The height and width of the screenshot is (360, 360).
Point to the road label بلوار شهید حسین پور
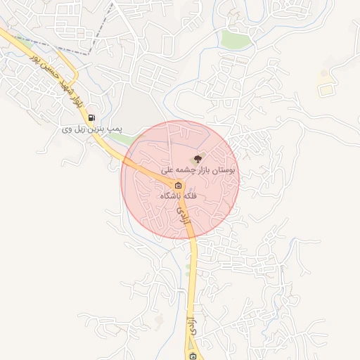tap(56, 77)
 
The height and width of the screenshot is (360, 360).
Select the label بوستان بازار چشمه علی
tap(200, 170)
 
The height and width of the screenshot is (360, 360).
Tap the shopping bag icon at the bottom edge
tap(193, 356)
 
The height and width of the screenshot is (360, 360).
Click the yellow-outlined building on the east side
tap(325, 90)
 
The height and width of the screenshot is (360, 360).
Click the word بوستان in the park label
tap(224, 170)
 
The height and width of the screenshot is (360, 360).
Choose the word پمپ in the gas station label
tap(115, 129)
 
